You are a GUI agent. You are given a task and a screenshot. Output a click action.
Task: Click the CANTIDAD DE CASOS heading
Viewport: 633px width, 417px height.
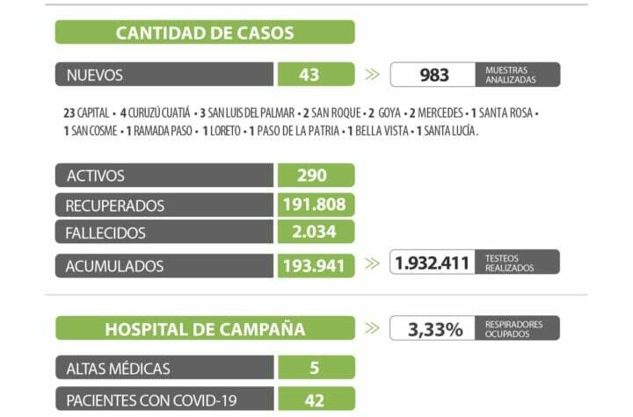tap(205, 33)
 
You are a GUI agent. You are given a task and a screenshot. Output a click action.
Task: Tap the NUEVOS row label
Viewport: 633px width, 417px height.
tap(95, 75)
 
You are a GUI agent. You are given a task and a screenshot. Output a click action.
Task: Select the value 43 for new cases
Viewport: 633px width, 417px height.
tap(309, 75)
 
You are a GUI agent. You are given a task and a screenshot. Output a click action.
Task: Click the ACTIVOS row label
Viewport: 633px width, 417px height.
tap(96, 176)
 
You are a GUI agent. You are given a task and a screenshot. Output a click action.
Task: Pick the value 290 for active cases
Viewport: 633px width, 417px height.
tap(311, 176)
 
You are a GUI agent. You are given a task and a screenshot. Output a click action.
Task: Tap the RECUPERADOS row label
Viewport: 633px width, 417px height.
tap(115, 205)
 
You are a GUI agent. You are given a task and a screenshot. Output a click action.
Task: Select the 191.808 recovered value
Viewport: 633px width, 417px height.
tap(316, 205)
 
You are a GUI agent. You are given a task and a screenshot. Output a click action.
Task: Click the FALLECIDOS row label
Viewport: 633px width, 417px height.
tap(105, 234)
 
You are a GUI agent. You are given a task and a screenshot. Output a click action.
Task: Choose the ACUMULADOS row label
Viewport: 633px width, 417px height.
tap(114, 264)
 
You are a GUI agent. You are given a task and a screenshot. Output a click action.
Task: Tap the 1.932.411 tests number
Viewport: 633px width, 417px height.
tap(433, 262)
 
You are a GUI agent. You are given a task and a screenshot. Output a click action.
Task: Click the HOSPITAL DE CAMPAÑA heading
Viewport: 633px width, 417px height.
tap(205, 329)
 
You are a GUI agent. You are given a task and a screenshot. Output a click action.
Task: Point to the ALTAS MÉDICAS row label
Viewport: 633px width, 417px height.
tap(118, 368)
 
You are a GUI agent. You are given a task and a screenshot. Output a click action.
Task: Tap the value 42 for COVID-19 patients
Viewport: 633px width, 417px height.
tap(313, 400)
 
